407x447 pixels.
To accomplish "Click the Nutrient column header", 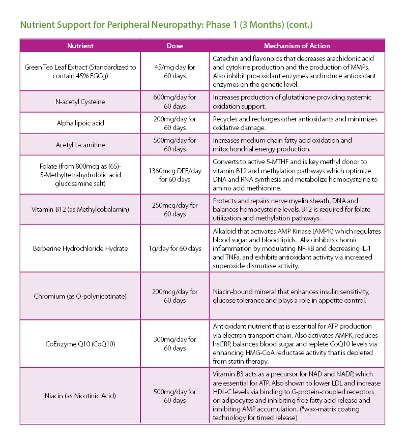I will [80, 46].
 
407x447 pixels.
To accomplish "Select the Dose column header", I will [175, 46].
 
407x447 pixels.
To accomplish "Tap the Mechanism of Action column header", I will [297, 46].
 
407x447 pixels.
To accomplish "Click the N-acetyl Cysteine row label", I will [80, 102].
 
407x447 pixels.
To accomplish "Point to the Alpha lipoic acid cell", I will [80, 123].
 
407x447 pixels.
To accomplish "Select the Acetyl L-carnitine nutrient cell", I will [80, 145].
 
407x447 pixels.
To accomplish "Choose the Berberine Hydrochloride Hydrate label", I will [80, 248].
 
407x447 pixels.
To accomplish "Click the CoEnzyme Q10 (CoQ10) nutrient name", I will [80, 344].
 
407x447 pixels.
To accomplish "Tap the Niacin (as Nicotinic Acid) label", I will [80, 396].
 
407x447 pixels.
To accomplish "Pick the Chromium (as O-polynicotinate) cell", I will [80, 296].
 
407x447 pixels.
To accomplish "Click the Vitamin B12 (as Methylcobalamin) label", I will [80, 210].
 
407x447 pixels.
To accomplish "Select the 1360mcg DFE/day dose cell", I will [175, 175].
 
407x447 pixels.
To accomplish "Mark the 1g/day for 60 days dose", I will [175, 248].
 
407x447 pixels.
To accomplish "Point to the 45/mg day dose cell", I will [175, 71].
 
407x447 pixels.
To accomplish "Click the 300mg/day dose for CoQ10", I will [175, 343].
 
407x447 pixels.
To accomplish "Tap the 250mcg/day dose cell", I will [175, 210].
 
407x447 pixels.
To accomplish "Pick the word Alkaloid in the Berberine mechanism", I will [225, 231].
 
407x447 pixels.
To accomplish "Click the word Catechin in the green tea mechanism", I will [226, 58].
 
